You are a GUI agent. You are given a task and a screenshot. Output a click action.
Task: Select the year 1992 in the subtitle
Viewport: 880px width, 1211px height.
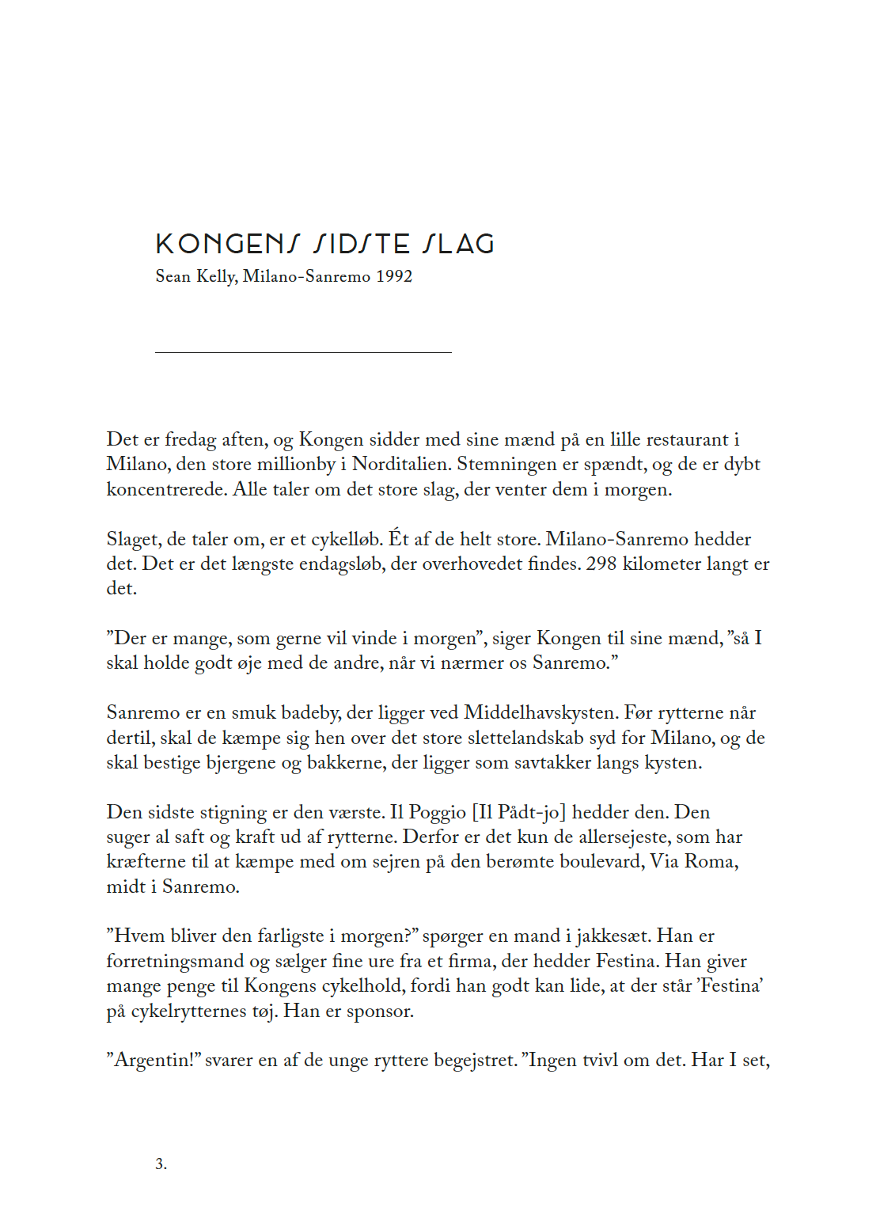pos(394,276)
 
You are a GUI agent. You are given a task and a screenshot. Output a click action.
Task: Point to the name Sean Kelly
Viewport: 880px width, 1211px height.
pos(195,276)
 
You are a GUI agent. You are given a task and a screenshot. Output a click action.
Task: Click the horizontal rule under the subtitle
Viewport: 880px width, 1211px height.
pos(303,352)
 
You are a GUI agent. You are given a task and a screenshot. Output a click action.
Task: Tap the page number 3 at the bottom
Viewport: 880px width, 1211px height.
pos(161,1164)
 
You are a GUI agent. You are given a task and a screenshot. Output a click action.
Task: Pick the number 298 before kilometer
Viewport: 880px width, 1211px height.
pos(601,564)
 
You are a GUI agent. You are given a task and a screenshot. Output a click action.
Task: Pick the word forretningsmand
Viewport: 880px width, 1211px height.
pos(175,961)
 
